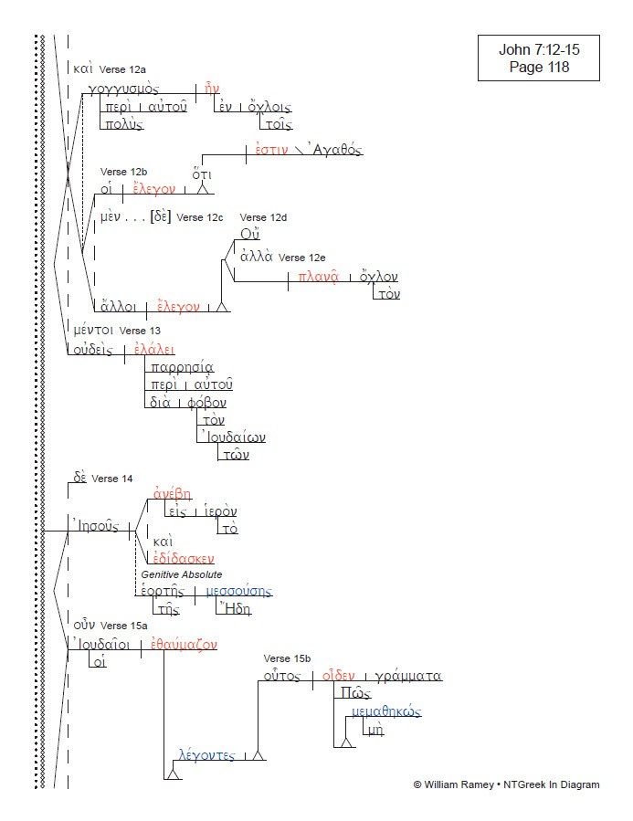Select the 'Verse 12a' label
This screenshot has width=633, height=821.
point(130,69)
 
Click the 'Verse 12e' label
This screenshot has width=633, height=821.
point(307,258)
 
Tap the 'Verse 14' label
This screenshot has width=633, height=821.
point(111,479)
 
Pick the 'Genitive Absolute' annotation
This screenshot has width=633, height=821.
point(181,574)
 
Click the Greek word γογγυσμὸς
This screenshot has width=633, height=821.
point(124,89)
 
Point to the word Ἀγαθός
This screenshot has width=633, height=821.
point(325,152)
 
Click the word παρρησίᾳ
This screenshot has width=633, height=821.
point(183,368)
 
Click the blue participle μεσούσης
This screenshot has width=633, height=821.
point(238,592)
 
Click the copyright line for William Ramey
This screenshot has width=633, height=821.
point(506,784)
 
